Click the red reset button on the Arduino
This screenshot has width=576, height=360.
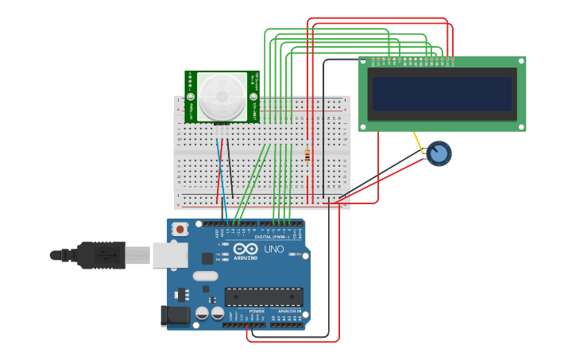pyautogui.click(x=180, y=230)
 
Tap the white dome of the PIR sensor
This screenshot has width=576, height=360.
pyautogui.click(x=222, y=96)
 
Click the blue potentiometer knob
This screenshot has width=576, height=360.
pyautogui.click(x=439, y=153)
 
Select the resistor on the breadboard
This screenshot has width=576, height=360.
pyautogui.click(x=307, y=154)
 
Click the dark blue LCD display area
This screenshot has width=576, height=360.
pyautogui.click(x=442, y=94)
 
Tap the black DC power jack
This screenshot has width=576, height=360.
pyautogui.click(x=175, y=315)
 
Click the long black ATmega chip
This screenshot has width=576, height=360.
pyautogui.click(x=264, y=296)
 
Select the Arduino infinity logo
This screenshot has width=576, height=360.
pyautogui.click(x=245, y=249)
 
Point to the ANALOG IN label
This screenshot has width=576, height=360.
pyautogui.click(x=288, y=311)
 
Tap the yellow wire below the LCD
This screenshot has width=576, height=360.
pyautogui.click(x=419, y=144)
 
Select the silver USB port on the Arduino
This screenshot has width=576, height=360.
pyautogui.click(x=170, y=255)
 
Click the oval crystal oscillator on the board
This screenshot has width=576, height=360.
pyautogui.click(x=205, y=277)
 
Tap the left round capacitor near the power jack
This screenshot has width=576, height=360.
pyautogui.click(x=202, y=313)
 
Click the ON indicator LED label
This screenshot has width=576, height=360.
pyautogui.click(x=296, y=254)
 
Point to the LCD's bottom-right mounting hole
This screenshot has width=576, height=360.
pyautogui.click(x=520, y=126)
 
